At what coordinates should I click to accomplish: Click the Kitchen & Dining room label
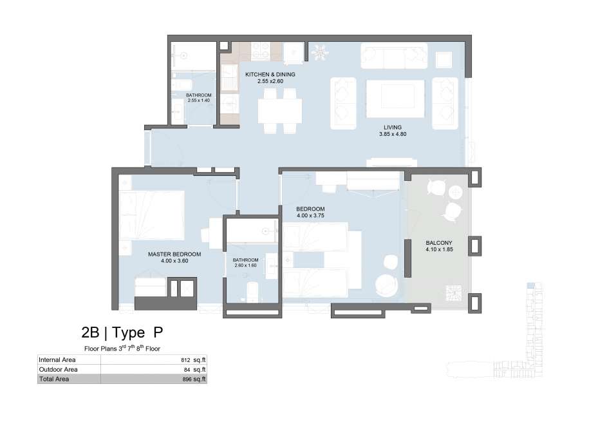point(270,75)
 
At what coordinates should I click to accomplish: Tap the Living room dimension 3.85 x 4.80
point(393,134)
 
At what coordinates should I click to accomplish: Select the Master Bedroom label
point(174,254)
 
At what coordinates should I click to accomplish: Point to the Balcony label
point(439,243)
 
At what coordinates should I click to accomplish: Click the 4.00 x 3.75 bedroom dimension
point(310,216)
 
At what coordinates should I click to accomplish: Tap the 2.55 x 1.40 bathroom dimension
point(199,101)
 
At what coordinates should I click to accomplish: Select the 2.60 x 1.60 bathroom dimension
point(245,265)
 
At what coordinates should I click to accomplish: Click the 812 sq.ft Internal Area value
point(193,360)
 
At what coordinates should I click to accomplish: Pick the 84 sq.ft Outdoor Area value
point(194,370)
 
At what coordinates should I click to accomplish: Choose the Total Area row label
point(53,379)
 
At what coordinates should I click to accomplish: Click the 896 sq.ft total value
point(194,379)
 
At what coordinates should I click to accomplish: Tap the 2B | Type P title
point(122,332)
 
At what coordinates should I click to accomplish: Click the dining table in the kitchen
point(280,111)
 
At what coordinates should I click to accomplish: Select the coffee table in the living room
point(395,99)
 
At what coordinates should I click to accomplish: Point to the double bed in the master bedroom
point(151,215)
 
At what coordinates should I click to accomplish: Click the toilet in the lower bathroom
point(252,292)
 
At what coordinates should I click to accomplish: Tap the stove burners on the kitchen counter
point(260,51)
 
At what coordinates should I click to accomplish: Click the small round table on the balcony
point(456,193)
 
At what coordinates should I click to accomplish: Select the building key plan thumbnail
point(495,331)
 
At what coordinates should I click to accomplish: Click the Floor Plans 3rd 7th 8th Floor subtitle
point(122,349)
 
